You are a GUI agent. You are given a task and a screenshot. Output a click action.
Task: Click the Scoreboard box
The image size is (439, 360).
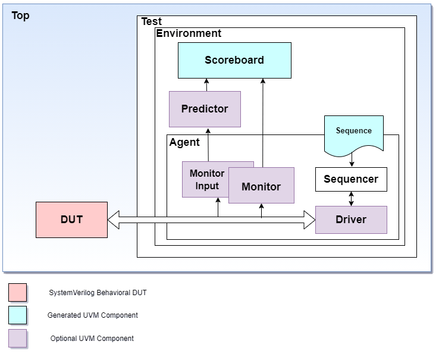pos(234,60)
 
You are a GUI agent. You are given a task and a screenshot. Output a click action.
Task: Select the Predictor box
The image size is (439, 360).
pos(205,109)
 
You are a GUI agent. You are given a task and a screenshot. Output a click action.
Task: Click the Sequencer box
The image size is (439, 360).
pos(351,179)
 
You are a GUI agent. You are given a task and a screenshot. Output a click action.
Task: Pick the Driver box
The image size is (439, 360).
pos(351,220)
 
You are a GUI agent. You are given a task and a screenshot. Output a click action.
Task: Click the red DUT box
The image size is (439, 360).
pos(71,220)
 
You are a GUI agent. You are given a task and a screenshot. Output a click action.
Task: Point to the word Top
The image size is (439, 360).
pos(20,16)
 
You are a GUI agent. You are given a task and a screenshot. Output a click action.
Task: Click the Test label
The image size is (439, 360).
pos(151,21)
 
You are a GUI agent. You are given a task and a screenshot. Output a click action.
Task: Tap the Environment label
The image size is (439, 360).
pos(189,33)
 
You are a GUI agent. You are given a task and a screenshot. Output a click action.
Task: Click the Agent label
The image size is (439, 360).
pos(184,143)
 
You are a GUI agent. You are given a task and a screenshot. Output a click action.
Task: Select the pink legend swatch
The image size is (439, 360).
pos(18,292)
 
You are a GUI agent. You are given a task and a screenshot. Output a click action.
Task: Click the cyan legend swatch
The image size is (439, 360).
pos(18,315)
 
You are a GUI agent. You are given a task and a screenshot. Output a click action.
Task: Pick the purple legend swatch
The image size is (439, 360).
pos(18,338)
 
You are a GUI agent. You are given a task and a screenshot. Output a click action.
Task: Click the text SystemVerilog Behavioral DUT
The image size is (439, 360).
pos(98,293)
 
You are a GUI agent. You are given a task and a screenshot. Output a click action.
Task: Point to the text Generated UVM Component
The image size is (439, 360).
pos(93,315)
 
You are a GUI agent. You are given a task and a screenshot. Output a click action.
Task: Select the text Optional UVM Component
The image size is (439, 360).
pos(92,339)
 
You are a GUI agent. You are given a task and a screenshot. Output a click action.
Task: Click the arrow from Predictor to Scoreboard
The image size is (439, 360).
pos(206,85)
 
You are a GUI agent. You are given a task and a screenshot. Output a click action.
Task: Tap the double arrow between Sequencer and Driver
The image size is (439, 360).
pos(351,199)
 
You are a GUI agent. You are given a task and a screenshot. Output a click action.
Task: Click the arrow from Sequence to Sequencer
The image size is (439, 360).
pos(352,161)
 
